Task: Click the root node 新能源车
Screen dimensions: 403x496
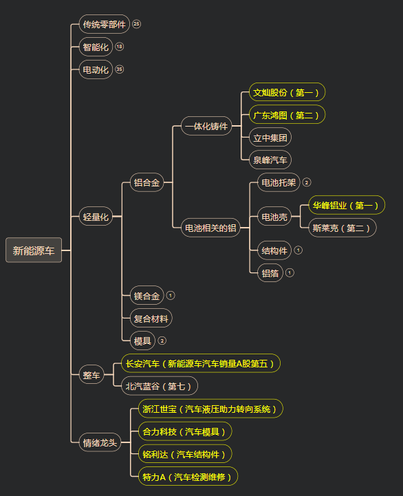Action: click(x=34, y=250)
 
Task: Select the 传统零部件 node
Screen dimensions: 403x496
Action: click(x=104, y=24)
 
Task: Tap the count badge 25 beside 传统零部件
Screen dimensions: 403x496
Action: click(x=136, y=23)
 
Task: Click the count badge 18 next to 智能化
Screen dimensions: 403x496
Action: click(x=119, y=47)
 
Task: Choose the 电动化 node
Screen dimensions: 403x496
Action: click(x=96, y=69)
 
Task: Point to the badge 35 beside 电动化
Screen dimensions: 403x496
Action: click(x=119, y=69)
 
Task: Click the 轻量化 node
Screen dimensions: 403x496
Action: click(x=96, y=217)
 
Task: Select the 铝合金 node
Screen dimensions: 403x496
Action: click(x=146, y=182)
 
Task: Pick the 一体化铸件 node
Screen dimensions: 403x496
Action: click(x=206, y=126)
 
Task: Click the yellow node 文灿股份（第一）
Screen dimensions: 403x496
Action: click(x=287, y=92)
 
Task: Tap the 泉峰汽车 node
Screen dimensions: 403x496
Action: click(x=270, y=160)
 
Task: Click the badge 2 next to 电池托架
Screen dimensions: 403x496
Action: click(x=307, y=182)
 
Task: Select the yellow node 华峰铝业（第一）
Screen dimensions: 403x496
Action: click(x=347, y=205)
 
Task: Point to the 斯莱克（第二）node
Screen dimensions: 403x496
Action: click(x=342, y=228)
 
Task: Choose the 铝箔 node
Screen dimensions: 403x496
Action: click(x=270, y=272)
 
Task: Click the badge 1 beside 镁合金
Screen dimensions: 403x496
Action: click(x=171, y=295)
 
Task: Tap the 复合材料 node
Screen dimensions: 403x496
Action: click(x=151, y=318)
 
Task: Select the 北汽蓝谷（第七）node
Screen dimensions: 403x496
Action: click(x=160, y=386)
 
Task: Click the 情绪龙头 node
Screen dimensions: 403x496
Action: click(x=100, y=442)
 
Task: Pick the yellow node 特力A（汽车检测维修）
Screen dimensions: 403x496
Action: click(x=188, y=476)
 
